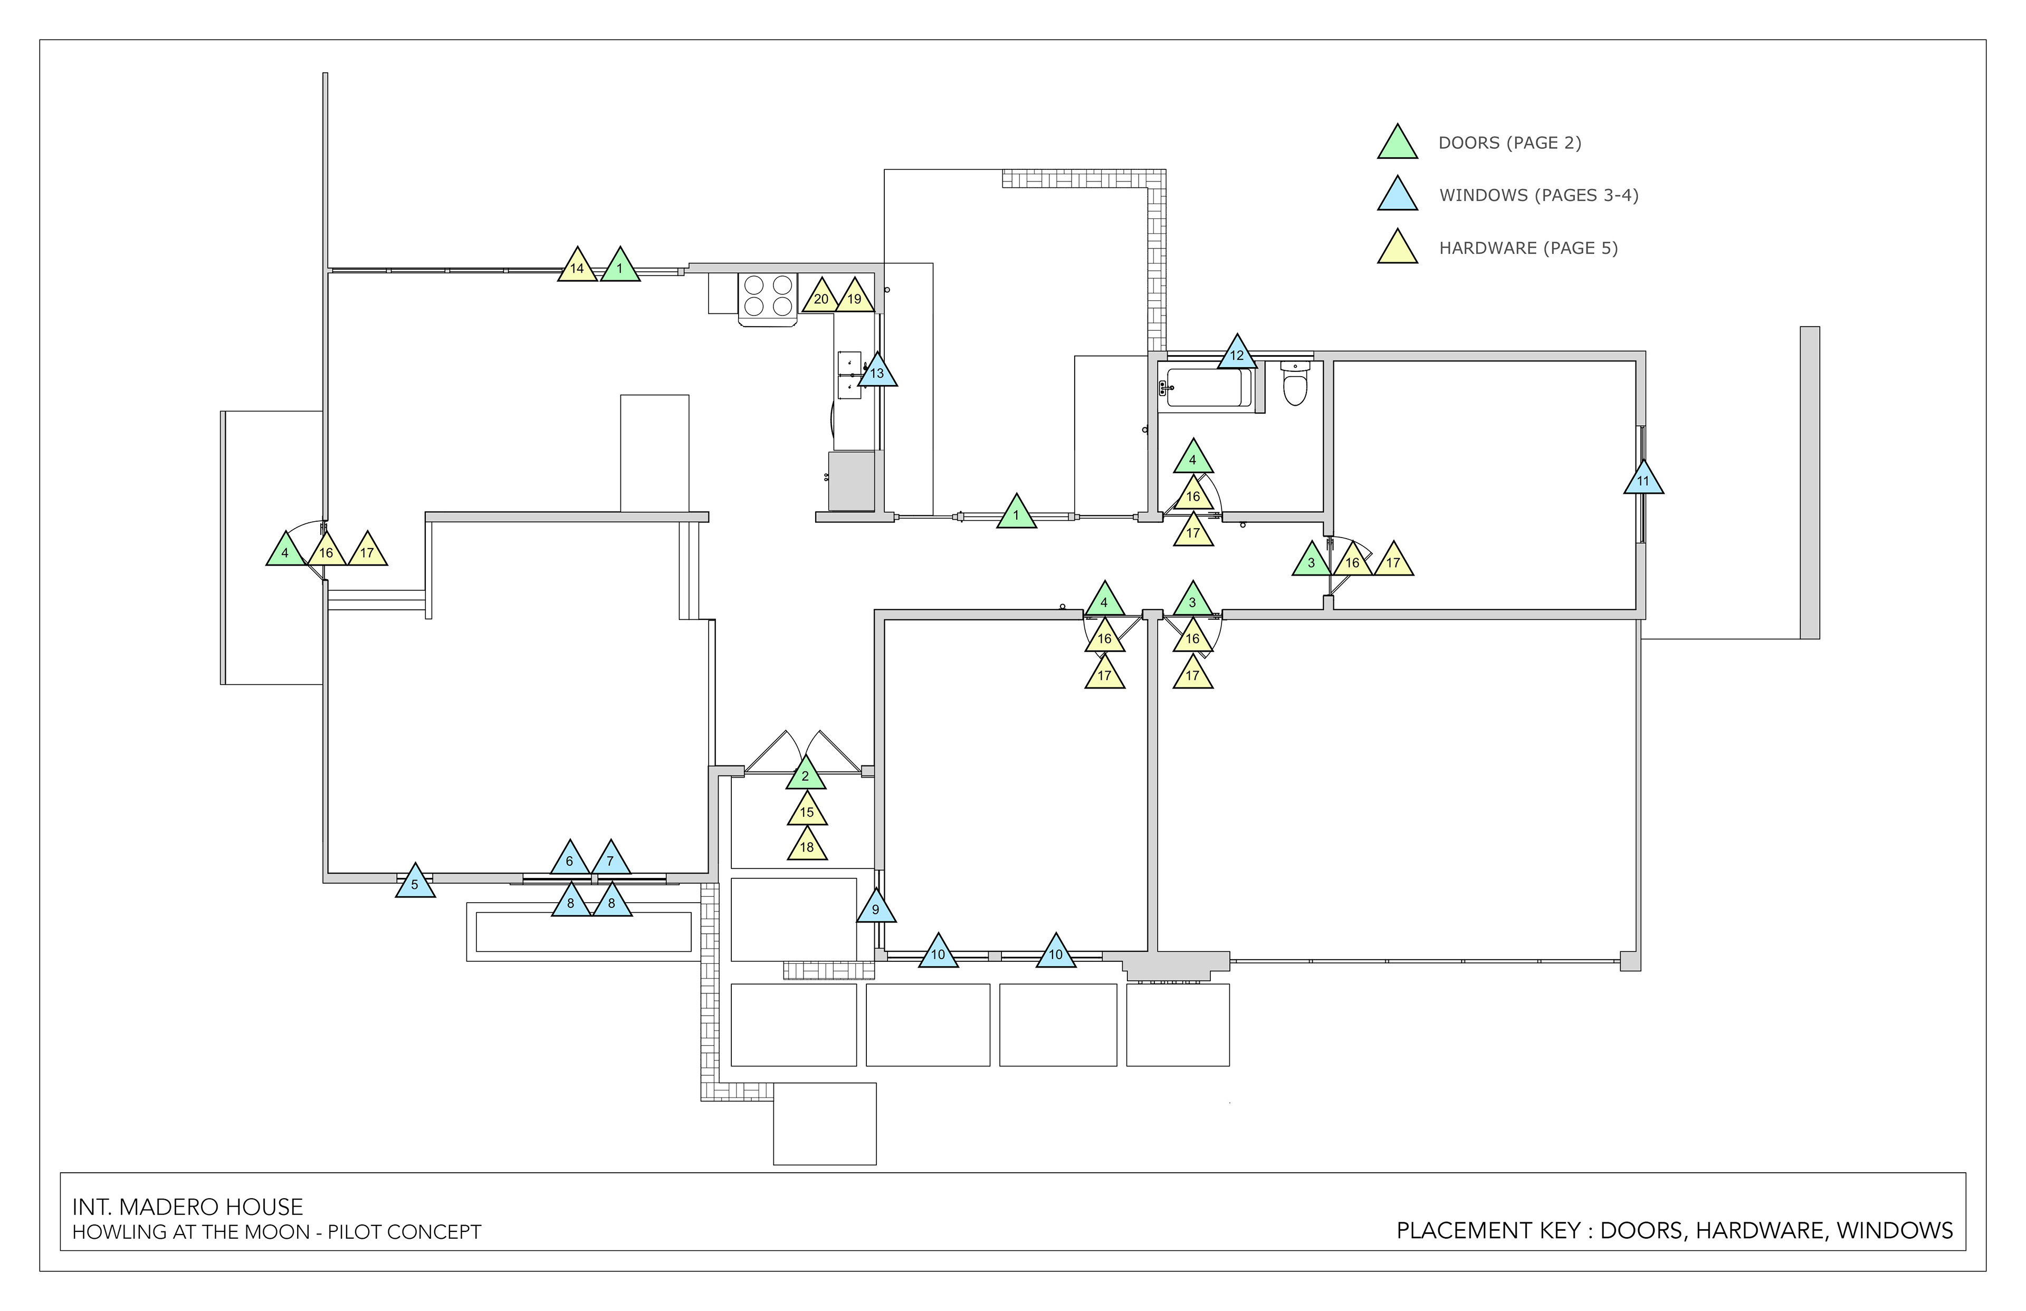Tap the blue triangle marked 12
1236,354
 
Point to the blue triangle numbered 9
875,908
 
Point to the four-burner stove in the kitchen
768,296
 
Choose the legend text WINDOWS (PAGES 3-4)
1538,195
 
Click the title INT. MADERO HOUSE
187,1207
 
